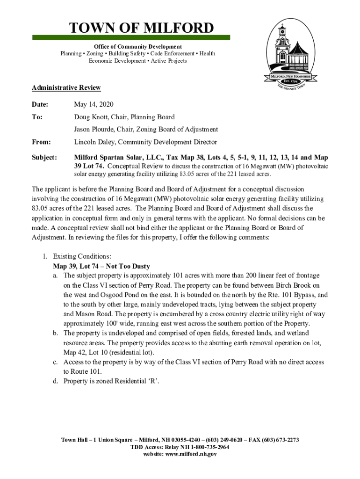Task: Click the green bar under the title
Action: click(130, 37)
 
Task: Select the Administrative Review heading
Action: click(66, 88)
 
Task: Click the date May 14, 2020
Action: click(94, 104)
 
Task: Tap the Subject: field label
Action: click(44, 158)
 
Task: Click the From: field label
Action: click(41, 142)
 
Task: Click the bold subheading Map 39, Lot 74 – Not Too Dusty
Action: click(101, 266)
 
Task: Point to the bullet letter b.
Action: click(56, 333)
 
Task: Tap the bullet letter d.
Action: click(56, 381)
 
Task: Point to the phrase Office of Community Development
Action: click(138, 47)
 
